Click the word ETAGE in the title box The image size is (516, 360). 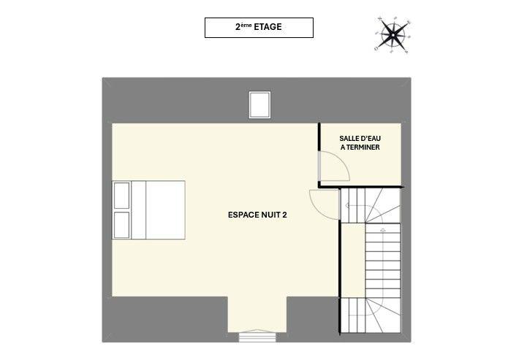click(268, 28)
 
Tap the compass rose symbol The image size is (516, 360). click(394, 33)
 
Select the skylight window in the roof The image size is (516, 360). click(259, 104)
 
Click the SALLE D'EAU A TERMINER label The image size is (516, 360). click(360, 142)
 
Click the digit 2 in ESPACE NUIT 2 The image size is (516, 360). click(284, 215)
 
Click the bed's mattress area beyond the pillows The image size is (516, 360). click(165, 210)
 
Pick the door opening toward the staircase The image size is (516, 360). click(323, 202)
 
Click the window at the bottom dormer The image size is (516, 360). click(259, 337)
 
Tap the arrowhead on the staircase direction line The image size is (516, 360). click(349, 207)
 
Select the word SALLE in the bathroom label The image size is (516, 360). click(349, 138)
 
